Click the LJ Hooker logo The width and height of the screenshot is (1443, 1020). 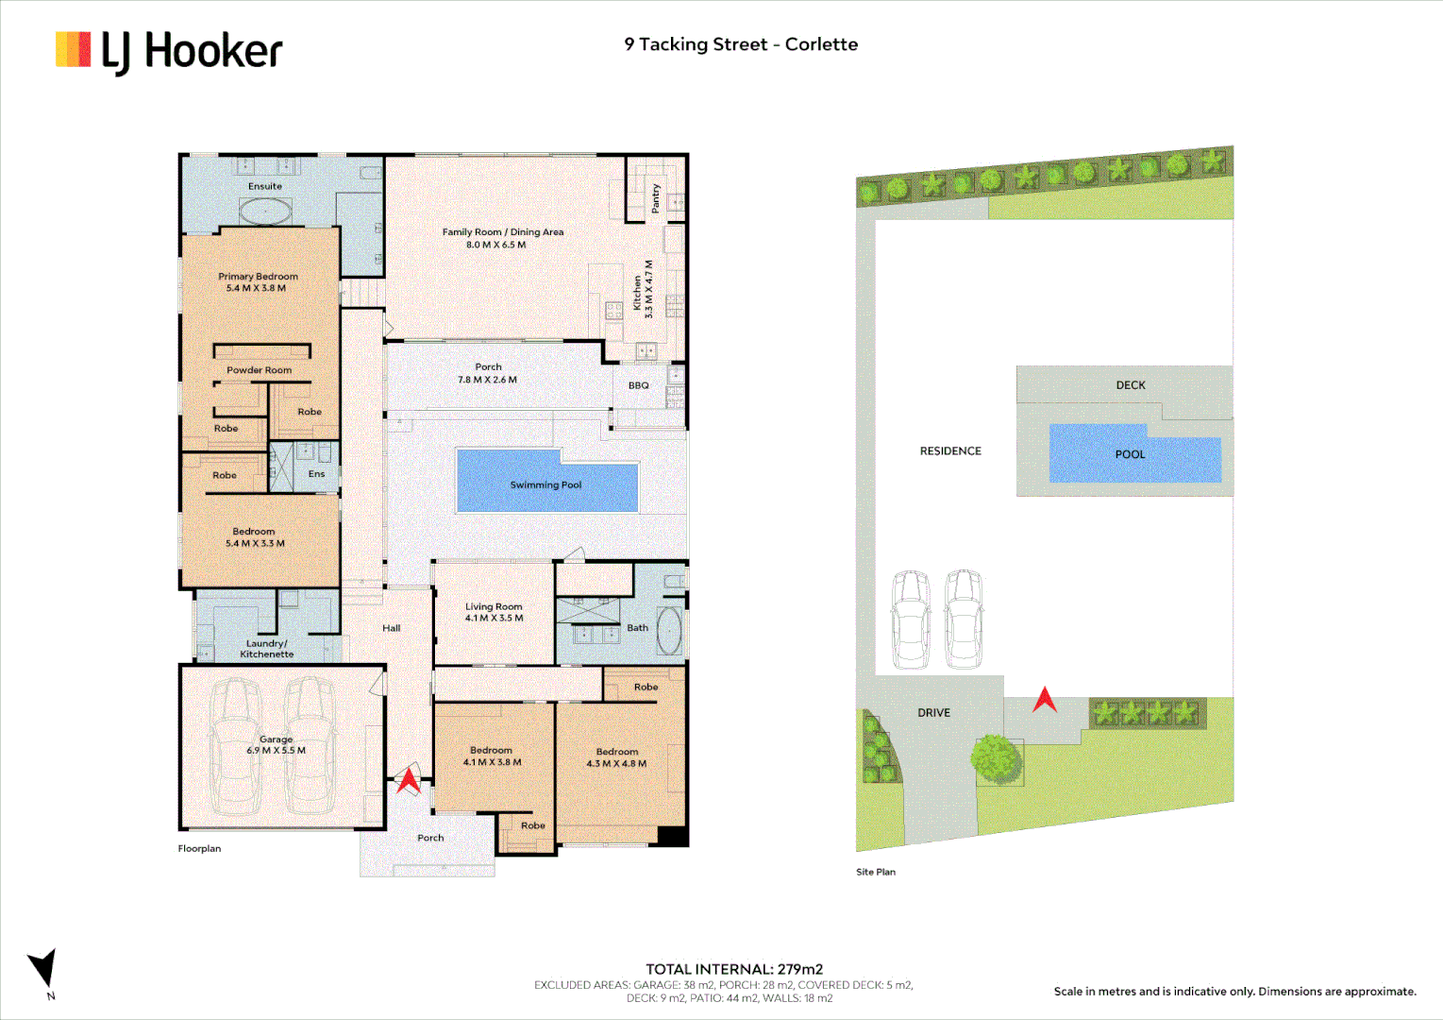[x=169, y=51]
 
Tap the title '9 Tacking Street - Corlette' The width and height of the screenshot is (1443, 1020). [x=741, y=44]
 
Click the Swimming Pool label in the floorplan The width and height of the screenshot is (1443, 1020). [x=545, y=484]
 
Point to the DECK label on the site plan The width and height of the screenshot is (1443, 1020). [x=1131, y=385]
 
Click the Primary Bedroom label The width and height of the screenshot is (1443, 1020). [x=258, y=277]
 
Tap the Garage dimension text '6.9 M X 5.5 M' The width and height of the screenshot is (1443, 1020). [x=276, y=751]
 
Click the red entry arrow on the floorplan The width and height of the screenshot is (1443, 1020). [x=408, y=779]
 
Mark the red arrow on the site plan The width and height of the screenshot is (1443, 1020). [x=1044, y=700]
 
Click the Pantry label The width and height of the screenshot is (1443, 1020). [x=656, y=199]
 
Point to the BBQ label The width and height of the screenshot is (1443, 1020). [x=639, y=385]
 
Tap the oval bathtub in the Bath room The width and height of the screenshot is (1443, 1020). [x=668, y=631]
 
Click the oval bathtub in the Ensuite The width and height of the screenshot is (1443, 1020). [x=265, y=212]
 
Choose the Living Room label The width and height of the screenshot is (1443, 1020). [x=494, y=606]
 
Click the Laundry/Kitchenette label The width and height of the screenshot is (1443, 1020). [x=267, y=649]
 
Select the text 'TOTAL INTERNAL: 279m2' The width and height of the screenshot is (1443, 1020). [x=734, y=969]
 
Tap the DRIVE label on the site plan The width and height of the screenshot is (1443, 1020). [x=933, y=713]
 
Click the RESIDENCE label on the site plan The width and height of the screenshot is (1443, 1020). [x=950, y=451]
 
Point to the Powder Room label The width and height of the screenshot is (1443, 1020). [x=259, y=370]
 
